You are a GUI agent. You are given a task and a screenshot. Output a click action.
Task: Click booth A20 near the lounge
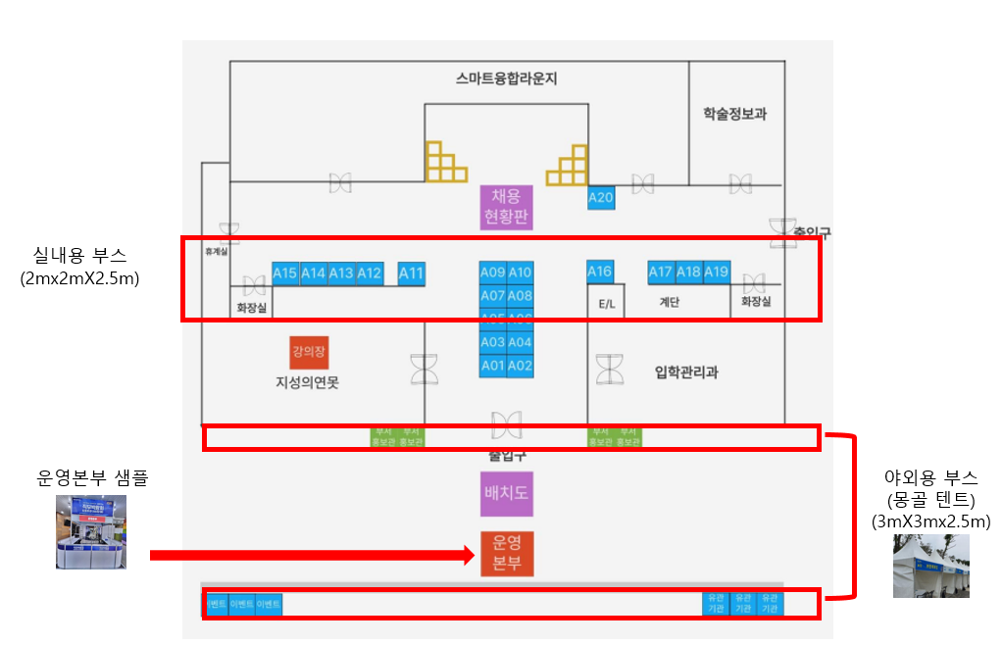coord(600,197)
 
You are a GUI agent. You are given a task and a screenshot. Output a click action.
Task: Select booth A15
coord(284,273)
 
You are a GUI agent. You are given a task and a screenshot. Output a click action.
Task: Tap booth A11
coord(412,273)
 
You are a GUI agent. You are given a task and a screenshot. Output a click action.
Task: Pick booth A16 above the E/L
coord(599,272)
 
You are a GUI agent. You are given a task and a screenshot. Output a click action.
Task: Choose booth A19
coord(717,272)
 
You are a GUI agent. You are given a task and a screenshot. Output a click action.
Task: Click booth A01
coord(492,366)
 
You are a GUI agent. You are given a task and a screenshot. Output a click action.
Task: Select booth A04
coord(521,342)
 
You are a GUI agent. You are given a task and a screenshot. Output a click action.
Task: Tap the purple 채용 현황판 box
coord(506,207)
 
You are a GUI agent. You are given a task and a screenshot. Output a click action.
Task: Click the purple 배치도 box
coord(506,493)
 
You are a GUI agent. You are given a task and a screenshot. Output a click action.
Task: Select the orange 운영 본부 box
coord(506,554)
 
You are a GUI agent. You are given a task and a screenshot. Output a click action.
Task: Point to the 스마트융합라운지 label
coord(507,78)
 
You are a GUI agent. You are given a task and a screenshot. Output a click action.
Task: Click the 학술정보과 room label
coord(734,114)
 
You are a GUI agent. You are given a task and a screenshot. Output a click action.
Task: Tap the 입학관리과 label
coord(686,372)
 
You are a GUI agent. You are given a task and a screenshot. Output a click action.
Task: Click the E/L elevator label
coord(607,304)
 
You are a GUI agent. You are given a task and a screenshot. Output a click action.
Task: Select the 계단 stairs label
coord(670,303)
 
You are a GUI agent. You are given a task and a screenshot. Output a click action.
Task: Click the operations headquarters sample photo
coord(91,532)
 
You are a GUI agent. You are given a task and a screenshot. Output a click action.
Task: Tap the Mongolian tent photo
coord(930,566)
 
